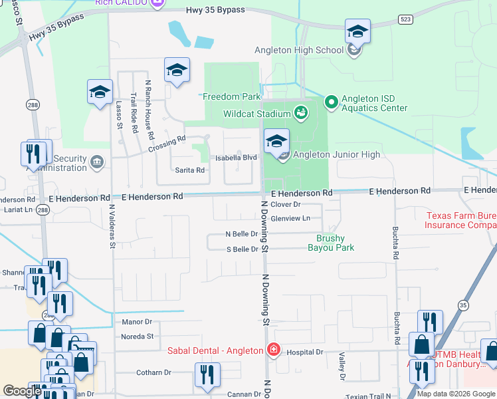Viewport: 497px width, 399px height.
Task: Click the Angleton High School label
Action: click(299, 50)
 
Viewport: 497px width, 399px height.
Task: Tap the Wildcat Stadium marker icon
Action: click(302, 113)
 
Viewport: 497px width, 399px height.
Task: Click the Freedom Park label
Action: click(232, 96)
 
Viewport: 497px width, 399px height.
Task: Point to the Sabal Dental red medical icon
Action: click(272, 350)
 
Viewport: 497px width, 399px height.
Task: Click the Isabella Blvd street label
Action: click(236, 158)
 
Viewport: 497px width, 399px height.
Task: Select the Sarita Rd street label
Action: click(189, 170)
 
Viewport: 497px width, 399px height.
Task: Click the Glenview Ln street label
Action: click(291, 218)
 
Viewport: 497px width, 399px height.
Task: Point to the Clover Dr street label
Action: click(286, 205)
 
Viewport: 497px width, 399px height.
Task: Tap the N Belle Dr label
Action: click(241, 234)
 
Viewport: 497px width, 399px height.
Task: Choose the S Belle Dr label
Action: click(242, 249)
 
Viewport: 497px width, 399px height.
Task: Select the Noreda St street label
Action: click(137, 336)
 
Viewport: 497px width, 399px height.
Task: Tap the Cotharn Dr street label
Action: click(153, 373)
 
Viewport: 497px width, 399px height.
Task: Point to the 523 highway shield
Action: click(405, 19)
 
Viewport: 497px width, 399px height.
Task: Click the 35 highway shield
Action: click(463, 305)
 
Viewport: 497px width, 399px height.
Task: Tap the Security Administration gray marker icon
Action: click(97, 161)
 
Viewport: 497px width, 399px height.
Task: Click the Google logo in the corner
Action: click(22, 392)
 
